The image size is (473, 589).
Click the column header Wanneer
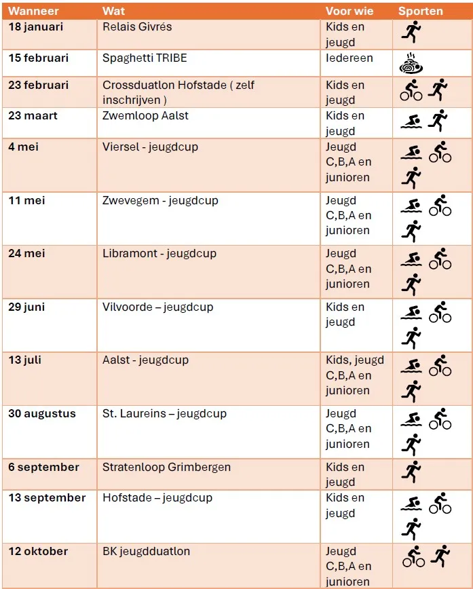click(33, 11)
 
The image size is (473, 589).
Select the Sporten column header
click(420, 11)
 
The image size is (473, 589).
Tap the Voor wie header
click(349, 11)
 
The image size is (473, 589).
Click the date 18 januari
click(35, 27)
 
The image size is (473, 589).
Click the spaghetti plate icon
click(412, 64)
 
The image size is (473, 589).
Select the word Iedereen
click(349, 58)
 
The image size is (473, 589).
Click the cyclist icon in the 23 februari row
click(411, 90)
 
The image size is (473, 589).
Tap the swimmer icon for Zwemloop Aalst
click(411, 121)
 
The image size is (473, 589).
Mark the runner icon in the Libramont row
click(411, 284)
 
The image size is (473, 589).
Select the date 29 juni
click(26, 307)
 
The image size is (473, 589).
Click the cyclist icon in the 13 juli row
click(440, 365)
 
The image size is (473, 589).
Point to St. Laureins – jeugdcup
click(164, 413)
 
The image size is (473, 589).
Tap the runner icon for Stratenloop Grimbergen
click(411, 472)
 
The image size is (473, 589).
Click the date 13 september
click(47, 497)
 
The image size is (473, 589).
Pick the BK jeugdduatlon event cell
click(146, 551)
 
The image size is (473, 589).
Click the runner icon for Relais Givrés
click(411, 31)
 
